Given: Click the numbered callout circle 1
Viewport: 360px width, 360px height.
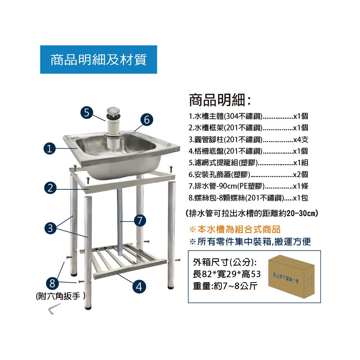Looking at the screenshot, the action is (x=50, y=148).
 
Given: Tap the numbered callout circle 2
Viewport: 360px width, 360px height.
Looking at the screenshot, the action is (x=50, y=188).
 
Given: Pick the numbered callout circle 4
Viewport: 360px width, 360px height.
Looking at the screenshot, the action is (x=139, y=287).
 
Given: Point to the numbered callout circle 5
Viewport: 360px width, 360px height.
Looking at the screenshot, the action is (x=86, y=112).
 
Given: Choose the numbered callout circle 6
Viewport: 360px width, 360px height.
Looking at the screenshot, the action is (x=147, y=120).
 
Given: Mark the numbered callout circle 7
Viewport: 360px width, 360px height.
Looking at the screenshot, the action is (x=140, y=221).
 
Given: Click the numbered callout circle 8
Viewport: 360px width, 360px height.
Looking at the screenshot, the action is (x=52, y=283).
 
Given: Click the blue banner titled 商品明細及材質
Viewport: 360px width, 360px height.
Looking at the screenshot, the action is (x=99, y=59).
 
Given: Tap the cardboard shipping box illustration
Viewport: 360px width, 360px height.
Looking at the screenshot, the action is (x=291, y=276).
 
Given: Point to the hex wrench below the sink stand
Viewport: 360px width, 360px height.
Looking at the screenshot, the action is (x=54, y=309).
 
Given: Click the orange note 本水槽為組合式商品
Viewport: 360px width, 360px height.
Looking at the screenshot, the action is (x=235, y=229).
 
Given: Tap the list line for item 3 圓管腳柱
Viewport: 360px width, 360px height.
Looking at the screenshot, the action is (x=248, y=139).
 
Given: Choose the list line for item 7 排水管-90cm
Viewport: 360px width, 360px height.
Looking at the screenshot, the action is (x=248, y=186).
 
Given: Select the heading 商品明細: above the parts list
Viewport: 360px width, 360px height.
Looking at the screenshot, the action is (x=220, y=100).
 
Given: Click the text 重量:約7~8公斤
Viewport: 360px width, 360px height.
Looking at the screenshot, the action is (x=225, y=286).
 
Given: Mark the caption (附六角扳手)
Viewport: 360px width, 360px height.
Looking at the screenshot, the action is (x=60, y=296).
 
